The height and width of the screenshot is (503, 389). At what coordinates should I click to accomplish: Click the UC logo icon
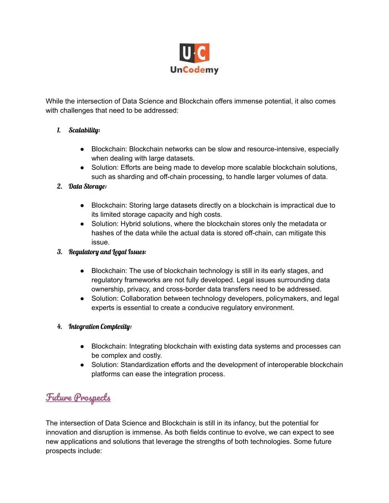click(x=194, y=53)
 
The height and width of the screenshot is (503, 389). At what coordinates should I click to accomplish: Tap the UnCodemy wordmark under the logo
click(x=194, y=70)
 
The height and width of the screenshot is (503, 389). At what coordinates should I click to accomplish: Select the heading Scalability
click(x=84, y=130)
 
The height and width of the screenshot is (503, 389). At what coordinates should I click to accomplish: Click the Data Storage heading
click(x=87, y=186)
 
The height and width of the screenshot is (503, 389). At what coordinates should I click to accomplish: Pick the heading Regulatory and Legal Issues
click(x=107, y=252)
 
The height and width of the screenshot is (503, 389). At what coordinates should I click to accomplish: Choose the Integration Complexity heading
click(x=100, y=327)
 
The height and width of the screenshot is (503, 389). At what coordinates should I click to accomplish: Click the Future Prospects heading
click(x=78, y=397)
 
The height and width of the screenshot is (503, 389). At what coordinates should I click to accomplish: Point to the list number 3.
click(x=60, y=252)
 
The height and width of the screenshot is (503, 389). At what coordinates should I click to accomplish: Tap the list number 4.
click(x=60, y=327)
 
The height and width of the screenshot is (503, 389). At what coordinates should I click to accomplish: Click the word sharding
click(x=131, y=177)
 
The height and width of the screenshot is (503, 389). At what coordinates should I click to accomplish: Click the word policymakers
click(x=287, y=299)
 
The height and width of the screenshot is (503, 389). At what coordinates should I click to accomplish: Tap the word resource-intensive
click(x=276, y=149)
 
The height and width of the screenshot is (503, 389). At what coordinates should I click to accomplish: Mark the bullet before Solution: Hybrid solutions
click(x=82, y=224)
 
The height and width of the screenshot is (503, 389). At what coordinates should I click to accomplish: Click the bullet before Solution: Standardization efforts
click(x=82, y=365)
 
